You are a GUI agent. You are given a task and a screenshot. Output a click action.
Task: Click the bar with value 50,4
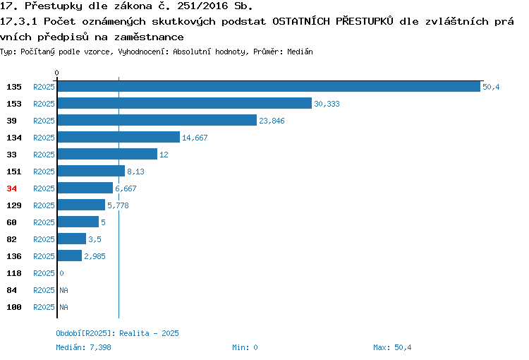[269, 86]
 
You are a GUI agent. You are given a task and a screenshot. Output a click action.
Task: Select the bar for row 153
[185, 103]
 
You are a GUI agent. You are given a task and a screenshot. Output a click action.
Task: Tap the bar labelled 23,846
[157, 120]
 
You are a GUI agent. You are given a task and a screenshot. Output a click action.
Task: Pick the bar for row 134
[118, 137]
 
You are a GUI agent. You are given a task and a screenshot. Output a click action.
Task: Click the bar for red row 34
[85, 188]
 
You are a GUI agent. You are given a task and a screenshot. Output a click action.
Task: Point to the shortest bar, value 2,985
[70, 256]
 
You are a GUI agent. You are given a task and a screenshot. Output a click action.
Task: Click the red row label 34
[11, 188]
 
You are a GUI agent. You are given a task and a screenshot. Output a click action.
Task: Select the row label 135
[14, 87]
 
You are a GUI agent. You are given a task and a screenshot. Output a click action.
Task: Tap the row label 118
[14, 273]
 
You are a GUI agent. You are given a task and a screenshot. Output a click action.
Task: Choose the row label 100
[14, 307]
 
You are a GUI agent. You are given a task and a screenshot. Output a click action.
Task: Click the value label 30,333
[327, 104]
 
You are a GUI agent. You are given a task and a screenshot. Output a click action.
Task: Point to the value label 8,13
[135, 172]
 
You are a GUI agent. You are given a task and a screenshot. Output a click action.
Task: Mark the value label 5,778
[118, 205]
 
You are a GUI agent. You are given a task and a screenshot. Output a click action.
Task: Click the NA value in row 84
[63, 290]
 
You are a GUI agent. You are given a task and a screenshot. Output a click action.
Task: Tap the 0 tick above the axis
[56, 73]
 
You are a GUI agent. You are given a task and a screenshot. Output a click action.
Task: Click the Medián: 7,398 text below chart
[83, 347]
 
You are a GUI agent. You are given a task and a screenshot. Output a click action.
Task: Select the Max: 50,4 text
[392, 347]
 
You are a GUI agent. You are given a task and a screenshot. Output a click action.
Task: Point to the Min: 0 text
[245, 347]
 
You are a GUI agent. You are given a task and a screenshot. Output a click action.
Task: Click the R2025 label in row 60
[44, 222]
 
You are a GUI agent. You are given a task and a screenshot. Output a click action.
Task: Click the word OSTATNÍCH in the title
[301, 21]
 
